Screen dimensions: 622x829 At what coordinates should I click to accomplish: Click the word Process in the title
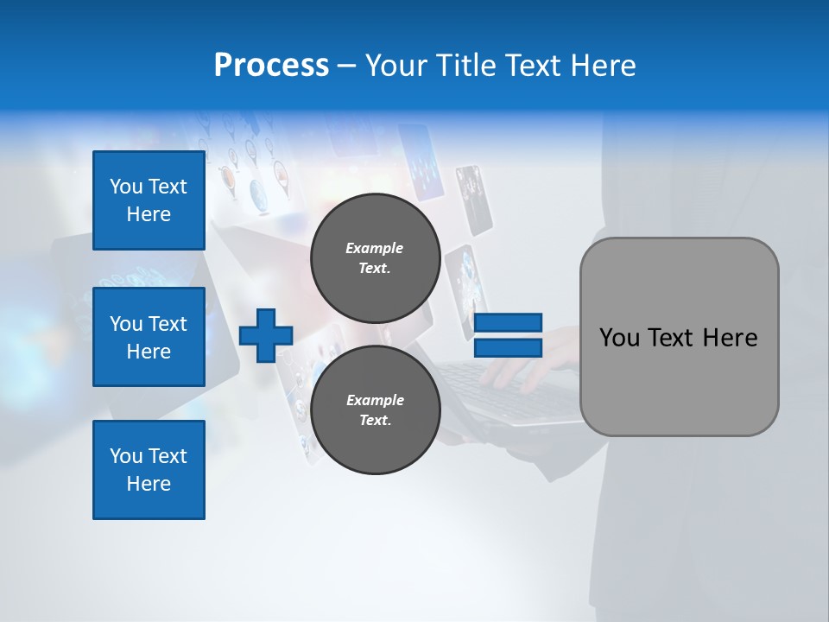(271, 66)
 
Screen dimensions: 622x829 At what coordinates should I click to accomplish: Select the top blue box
(149, 200)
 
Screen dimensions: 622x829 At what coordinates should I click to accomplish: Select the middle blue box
(149, 337)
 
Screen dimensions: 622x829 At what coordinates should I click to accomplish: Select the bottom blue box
(149, 470)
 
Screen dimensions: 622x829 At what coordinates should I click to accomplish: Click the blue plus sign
(266, 336)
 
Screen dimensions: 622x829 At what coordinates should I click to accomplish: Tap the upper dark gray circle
(376, 258)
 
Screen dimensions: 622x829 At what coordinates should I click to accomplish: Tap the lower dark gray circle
(376, 410)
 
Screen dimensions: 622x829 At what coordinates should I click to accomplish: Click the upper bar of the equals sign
(509, 323)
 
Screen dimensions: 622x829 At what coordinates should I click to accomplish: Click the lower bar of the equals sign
(509, 348)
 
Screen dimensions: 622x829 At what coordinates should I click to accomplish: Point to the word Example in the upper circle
(375, 248)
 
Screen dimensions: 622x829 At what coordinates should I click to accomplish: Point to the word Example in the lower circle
(375, 400)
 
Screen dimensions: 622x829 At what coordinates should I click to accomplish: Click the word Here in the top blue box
(149, 214)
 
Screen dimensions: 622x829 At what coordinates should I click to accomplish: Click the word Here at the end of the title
(604, 66)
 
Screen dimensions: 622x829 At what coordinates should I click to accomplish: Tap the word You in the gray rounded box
(619, 338)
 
